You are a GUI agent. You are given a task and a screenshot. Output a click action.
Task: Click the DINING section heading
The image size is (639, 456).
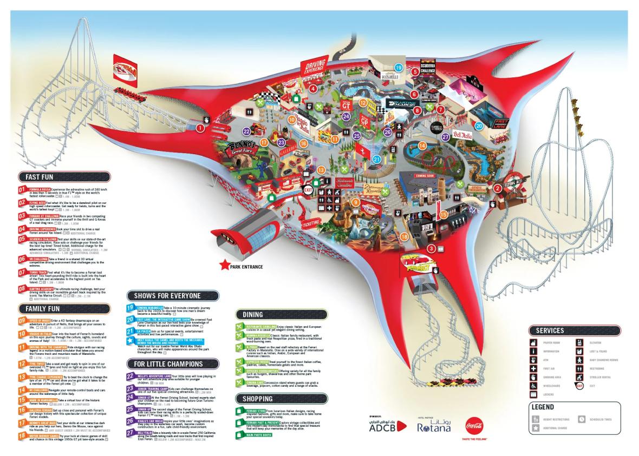coord(253,314)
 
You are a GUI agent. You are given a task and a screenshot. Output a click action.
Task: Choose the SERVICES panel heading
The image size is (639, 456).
coord(550,331)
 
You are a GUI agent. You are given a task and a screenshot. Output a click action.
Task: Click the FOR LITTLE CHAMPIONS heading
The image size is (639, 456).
coord(165,363)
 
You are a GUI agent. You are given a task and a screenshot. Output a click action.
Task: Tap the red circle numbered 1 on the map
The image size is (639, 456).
coord(200,128)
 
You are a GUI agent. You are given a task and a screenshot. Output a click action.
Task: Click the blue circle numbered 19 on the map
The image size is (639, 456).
coord(399,68)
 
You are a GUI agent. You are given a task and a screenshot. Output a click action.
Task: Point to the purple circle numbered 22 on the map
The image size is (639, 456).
coord(246,131)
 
